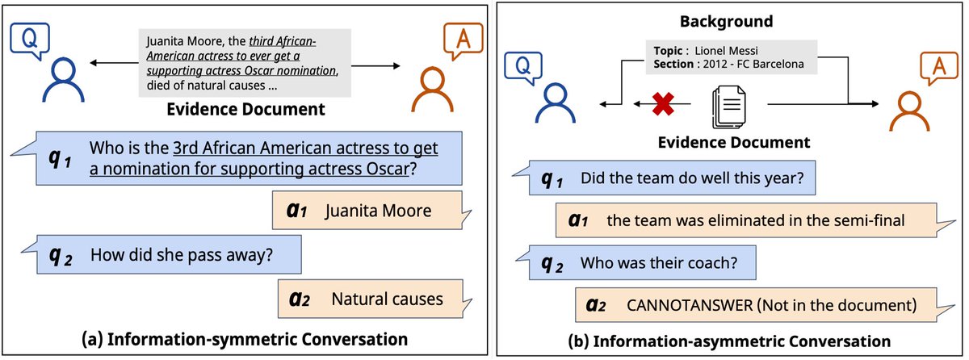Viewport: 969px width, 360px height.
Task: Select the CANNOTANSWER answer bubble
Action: (759, 306)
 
